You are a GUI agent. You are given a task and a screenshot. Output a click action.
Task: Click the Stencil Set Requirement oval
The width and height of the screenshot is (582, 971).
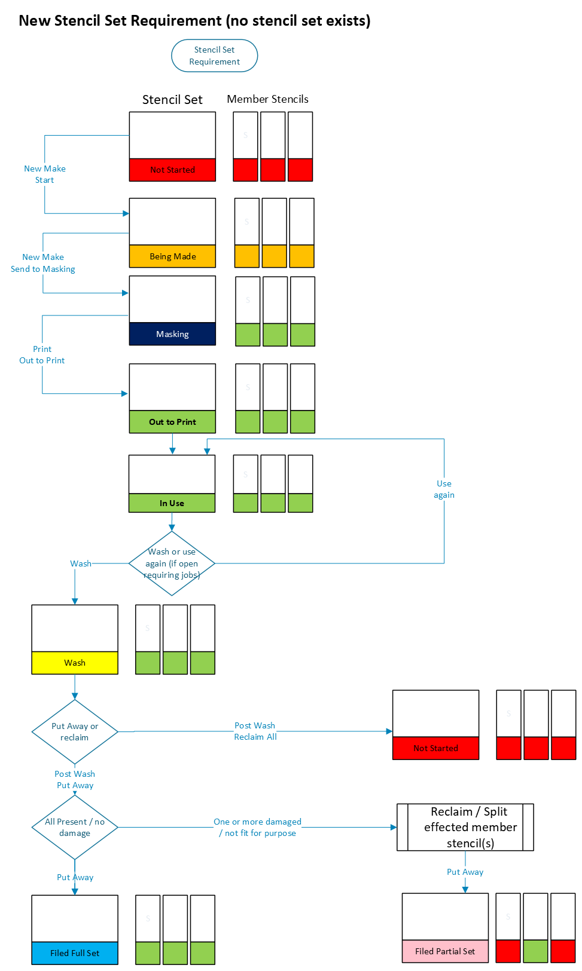pyautogui.click(x=214, y=56)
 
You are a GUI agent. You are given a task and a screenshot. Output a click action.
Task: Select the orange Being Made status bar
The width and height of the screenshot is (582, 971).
pyautogui.click(x=172, y=256)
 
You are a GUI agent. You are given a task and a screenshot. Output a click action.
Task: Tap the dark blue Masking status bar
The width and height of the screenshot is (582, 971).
pyautogui.click(x=172, y=334)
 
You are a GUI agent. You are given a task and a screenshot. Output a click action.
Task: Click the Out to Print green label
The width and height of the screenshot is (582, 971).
pyautogui.click(x=172, y=422)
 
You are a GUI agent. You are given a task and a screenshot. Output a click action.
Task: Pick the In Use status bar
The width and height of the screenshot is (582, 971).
pyautogui.click(x=172, y=503)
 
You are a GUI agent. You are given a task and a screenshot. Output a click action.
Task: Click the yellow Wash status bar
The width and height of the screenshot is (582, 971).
pyautogui.click(x=75, y=662)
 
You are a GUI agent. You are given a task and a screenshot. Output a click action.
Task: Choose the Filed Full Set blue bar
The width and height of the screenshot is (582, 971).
pyautogui.click(x=75, y=953)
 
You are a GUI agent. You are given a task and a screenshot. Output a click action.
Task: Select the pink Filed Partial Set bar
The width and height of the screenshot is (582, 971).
pyautogui.click(x=445, y=951)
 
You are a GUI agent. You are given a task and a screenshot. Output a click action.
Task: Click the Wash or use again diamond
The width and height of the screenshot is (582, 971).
pyautogui.click(x=172, y=563)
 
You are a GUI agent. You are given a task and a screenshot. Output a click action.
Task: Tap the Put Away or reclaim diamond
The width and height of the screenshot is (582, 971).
pyautogui.click(x=75, y=732)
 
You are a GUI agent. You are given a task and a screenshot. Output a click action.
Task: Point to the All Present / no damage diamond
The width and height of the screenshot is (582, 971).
pyautogui.click(x=75, y=827)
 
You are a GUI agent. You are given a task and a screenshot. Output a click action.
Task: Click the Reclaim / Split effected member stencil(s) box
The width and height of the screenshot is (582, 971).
pyautogui.click(x=465, y=827)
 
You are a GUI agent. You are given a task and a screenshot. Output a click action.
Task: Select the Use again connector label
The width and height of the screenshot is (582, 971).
pyautogui.click(x=444, y=489)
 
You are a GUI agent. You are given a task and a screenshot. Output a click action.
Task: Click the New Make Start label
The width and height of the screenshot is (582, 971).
pyautogui.click(x=45, y=174)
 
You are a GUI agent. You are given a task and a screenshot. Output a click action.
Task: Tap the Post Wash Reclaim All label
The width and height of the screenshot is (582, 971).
pyautogui.click(x=255, y=731)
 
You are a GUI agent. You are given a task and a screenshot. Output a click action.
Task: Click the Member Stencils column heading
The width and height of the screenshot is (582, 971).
pyautogui.click(x=268, y=99)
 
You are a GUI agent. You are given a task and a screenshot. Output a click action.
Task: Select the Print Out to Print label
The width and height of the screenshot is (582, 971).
pyautogui.click(x=42, y=354)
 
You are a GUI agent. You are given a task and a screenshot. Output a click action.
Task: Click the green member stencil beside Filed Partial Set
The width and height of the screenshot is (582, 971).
pyautogui.click(x=535, y=951)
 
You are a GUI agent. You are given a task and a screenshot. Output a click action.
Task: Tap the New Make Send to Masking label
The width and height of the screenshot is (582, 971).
pyautogui.click(x=43, y=263)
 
